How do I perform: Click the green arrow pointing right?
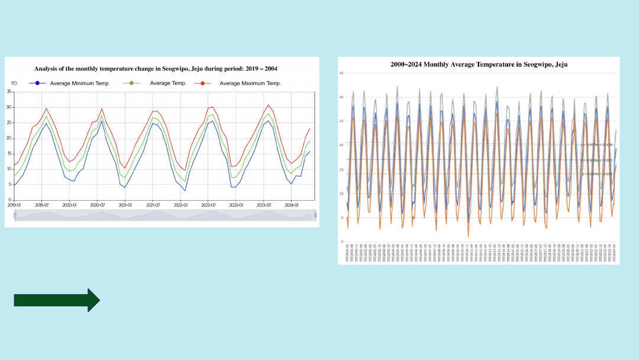57,300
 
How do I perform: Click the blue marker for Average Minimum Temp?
37,83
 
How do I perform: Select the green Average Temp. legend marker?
131,83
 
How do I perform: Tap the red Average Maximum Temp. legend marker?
202,83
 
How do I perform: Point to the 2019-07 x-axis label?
41,205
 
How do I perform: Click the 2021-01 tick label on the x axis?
125,205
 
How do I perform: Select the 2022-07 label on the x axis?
208,205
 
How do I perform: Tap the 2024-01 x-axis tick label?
291,205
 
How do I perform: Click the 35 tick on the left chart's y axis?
9,92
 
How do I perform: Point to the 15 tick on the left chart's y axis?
9,154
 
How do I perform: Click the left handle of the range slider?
15,215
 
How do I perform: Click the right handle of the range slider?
315,215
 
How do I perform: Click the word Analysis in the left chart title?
47,69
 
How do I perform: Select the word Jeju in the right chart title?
560,64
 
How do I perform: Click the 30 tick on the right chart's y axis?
341,97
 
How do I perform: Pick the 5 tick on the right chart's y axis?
341,218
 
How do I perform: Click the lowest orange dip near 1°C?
468,237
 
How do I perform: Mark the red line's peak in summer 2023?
268,105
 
